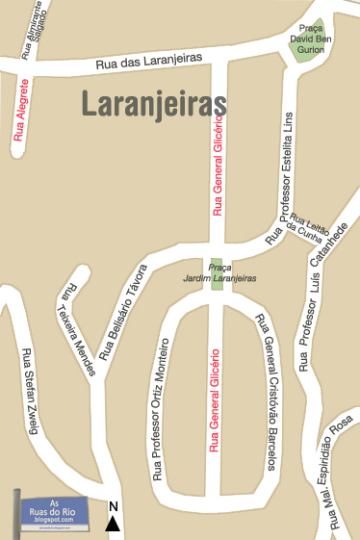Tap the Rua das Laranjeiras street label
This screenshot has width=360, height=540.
pyautogui.click(x=148, y=62)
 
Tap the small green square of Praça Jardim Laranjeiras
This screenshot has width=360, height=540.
pyautogui.click(x=218, y=264)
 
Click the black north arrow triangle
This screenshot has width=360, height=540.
pyautogui.click(x=113, y=523)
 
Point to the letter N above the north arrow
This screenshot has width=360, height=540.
pyautogui.click(x=113, y=506)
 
